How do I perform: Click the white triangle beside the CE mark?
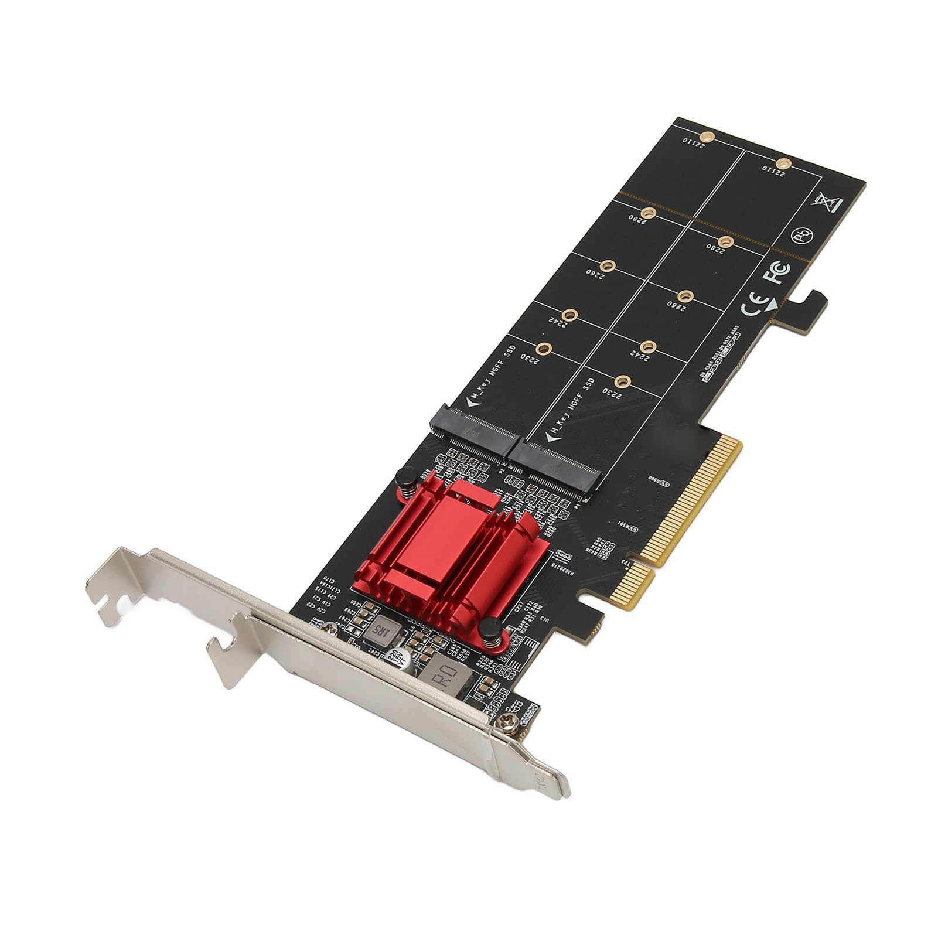pyautogui.click(x=773, y=303)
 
